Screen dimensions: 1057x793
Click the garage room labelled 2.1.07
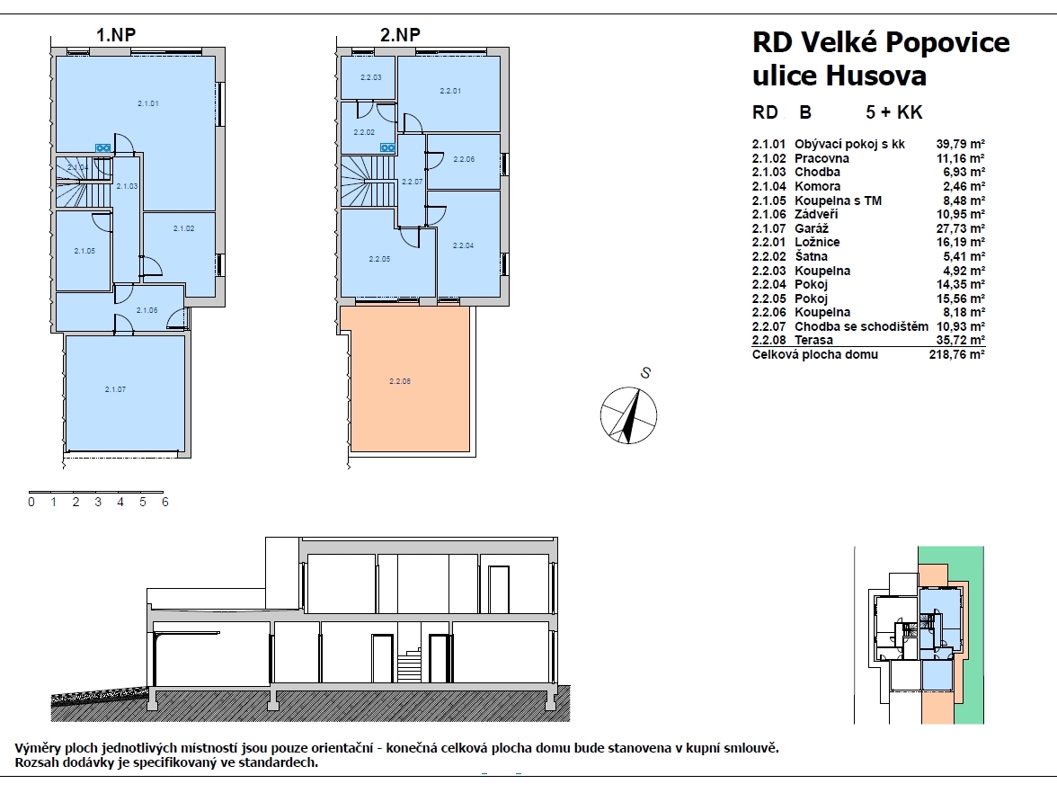[126, 393]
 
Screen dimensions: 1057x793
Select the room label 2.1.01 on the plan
[148, 104]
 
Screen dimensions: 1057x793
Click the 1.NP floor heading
[116, 34]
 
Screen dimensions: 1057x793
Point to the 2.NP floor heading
[401, 34]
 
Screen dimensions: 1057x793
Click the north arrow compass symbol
[628, 415]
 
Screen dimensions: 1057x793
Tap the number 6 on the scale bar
[165, 503]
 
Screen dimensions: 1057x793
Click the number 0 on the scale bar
[31, 503]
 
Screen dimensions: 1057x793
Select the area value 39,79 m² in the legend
[961, 144]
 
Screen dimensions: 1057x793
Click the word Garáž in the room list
[812, 228]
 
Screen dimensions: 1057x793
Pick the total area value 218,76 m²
[957, 354]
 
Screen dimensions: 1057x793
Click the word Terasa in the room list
[813, 341]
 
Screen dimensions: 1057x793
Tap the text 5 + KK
[893, 112]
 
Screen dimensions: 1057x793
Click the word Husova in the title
[876, 75]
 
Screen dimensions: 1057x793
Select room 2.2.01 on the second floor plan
[449, 94]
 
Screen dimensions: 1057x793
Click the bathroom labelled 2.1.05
[84, 251]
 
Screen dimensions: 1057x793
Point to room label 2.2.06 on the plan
[464, 160]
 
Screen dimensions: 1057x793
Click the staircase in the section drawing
[409, 666]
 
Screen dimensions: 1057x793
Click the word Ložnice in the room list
[817, 242]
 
